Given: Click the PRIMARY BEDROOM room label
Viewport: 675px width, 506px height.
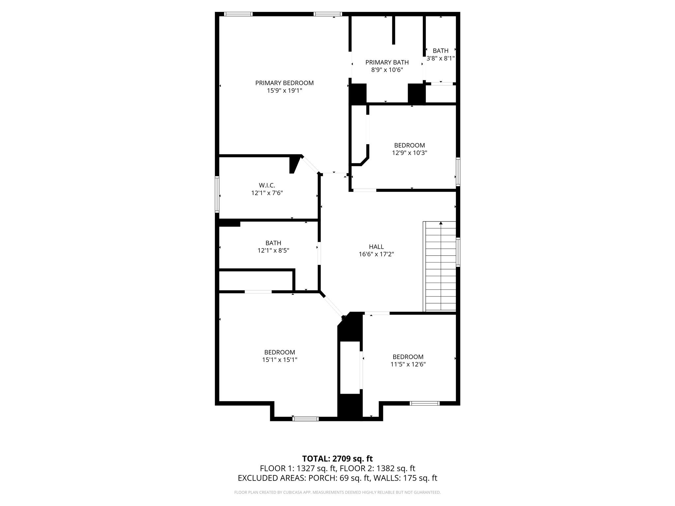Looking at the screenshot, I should pyautogui.click(x=284, y=83).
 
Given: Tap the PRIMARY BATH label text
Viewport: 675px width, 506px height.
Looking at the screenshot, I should pyautogui.click(x=387, y=62).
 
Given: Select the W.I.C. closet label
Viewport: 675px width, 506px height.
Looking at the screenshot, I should pyautogui.click(x=267, y=185).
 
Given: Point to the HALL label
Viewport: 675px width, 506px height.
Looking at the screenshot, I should pyautogui.click(x=376, y=247).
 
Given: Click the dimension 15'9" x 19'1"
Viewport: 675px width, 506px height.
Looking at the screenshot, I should pyautogui.click(x=284, y=91).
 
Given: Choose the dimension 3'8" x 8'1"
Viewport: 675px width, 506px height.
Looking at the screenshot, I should pyautogui.click(x=440, y=58).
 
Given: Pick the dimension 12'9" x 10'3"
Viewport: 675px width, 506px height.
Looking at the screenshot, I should pyautogui.click(x=409, y=153).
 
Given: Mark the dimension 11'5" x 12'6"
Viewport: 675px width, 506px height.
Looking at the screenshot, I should pyautogui.click(x=408, y=364).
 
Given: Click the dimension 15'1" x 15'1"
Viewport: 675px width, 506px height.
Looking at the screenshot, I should pyautogui.click(x=279, y=360).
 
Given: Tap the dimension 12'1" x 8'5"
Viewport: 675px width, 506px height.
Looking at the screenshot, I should pyautogui.click(x=273, y=250).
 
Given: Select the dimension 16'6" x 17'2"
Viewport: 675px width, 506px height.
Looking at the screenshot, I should pyautogui.click(x=376, y=254).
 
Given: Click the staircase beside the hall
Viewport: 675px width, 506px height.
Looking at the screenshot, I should pyautogui.click(x=440, y=267).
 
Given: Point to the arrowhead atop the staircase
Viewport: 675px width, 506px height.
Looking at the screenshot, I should pyautogui.click(x=441, y=223).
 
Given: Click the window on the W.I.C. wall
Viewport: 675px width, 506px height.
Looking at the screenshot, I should pyautogui.click(x=217, y=194).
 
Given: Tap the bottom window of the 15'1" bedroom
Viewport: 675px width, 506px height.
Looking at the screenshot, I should pyautogui.click(x=306, y=419).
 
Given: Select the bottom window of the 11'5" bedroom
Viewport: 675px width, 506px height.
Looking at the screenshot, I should pyautogui.click(x=425, y=403).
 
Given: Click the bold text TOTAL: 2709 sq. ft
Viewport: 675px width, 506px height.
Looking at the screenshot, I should pyautogui.click(x=337, y=459).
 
